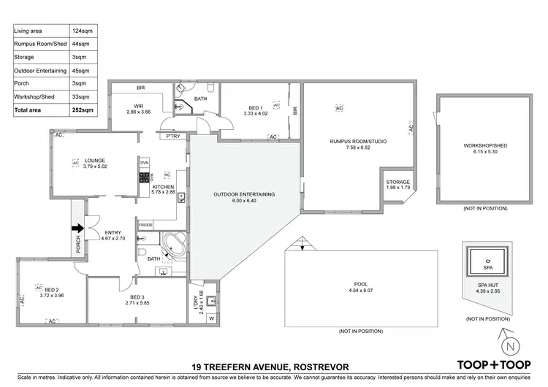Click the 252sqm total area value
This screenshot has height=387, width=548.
pos(83,110)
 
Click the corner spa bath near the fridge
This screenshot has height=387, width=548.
pos(173,243)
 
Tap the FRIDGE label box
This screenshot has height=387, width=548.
pos(145,225)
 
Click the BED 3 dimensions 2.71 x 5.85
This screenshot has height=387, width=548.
pos(137,303)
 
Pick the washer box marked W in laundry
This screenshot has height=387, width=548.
pos(213,318)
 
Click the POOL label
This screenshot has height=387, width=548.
pos(360,284)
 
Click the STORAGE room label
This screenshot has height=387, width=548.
pos(397,182)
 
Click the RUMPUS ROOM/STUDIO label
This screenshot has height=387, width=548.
pos(358,141)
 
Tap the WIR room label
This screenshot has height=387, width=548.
pos(138,107)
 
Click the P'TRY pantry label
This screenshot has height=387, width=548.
pos(173,137)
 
